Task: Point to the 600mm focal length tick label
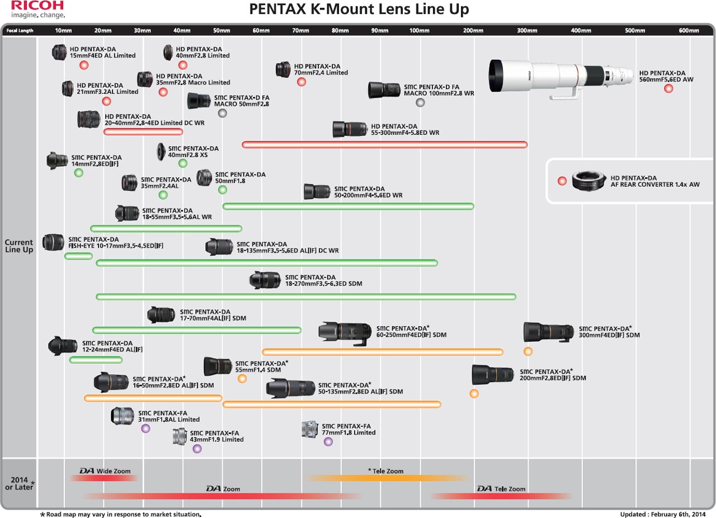coord(689,30)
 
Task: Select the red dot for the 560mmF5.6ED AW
coord(668,88)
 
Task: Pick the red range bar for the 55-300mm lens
coord(385,145)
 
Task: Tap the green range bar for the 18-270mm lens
coord(306,296)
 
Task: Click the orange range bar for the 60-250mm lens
coord(383,352)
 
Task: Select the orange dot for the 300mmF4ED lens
coord(528,351)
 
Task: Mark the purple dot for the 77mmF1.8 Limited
coord(328,441)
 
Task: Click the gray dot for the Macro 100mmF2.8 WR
coord(420,102)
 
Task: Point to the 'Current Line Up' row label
coord(19,246)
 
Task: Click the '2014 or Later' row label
coord(20,483)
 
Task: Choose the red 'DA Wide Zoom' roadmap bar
coord(104,478)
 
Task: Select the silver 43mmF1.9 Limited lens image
coord(180,436)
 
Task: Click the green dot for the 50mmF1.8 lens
coord(223,190)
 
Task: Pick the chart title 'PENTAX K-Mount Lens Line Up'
coord(359,10)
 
